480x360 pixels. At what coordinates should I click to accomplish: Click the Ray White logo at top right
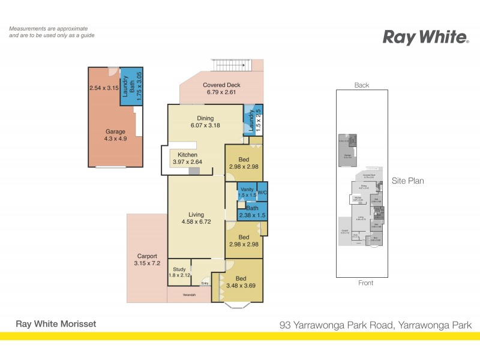(x=426, y=37)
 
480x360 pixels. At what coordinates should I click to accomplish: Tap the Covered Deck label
(x=221, y=89)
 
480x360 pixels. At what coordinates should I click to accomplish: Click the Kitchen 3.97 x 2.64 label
(x=187, y=158)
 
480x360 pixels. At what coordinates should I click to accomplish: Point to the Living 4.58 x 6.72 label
(x=196, y=218)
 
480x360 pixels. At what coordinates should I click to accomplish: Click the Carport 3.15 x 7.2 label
(x=147, y=260)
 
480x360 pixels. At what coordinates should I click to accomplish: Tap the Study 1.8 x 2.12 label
(x=179, y=272)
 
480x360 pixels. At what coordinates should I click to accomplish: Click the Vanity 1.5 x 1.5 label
(x=247, y=193)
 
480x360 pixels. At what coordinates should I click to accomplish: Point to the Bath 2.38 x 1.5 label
(x=252, y=212)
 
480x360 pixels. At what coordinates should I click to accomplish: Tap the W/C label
(x=262, y=193)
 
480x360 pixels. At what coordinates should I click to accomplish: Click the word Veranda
(x=189, y=295)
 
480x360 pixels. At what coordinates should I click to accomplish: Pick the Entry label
(x=205, y=283)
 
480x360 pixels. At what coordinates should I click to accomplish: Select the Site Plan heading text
(x=408, y=180)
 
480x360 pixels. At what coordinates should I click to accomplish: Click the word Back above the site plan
(x=362, y=85)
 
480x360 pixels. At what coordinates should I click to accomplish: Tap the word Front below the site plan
(x=365, y=283)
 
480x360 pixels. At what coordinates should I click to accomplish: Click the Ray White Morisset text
(x=55, y=324)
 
